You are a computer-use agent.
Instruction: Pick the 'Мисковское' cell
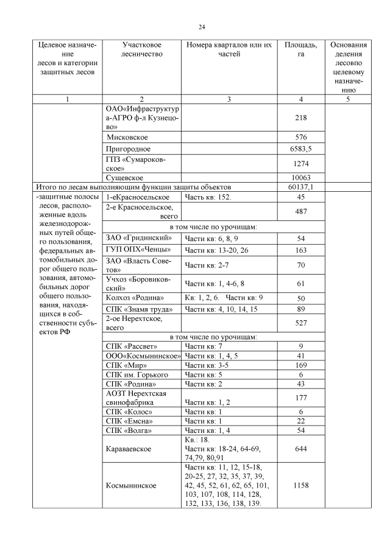click(126, 137)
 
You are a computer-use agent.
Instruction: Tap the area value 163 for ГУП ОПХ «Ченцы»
click(300, 250)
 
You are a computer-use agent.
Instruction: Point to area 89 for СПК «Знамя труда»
click(300, 310)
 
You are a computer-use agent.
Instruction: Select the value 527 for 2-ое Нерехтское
click(300, 323)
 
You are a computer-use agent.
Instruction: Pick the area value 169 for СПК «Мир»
click(300, 366)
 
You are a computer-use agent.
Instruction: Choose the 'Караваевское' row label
click(130, 449)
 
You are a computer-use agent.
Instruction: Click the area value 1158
click(300, 486)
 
